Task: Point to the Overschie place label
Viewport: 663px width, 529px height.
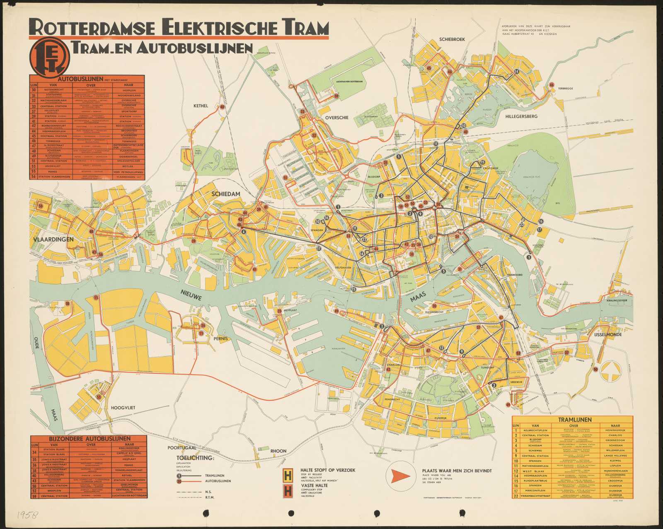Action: (337, 118)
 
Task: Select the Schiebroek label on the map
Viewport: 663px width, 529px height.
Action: (452, 39)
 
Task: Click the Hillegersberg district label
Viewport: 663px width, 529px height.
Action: (521, 117)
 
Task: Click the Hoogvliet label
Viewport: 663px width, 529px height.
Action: (123, 408)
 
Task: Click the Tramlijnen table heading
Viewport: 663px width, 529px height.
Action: (572, 419)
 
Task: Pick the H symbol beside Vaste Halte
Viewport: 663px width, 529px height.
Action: (287, 491)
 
